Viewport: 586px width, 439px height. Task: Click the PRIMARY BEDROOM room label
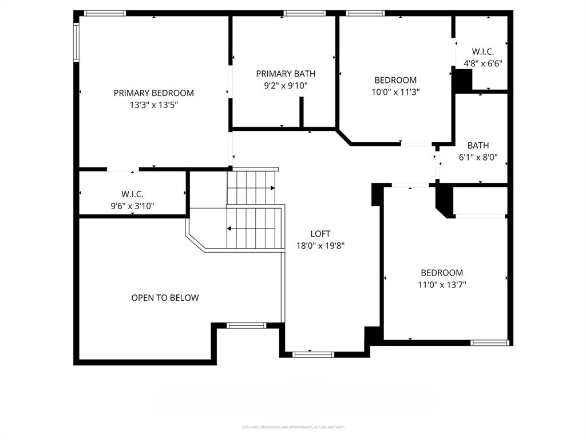coord(153,93)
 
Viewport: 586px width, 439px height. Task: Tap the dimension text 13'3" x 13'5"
coord(153,105)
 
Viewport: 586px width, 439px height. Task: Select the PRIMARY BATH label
coord(286,73)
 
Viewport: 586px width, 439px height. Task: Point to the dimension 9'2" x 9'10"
coord(286,86)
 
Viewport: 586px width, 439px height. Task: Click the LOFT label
coord(320,233)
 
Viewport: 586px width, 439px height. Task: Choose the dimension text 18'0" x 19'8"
coord(320,246)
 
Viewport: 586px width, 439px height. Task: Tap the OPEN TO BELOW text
coord(165,298)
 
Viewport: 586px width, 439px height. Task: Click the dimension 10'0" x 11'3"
coord(395,93)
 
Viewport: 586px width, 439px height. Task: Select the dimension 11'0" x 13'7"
coord(442,285)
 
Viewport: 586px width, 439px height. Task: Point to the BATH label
coord(478,145)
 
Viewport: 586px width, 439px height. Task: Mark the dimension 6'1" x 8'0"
coord(478,158)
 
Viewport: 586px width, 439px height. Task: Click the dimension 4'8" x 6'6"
coord(483,64)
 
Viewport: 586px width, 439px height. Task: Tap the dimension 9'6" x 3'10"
coord(132,206)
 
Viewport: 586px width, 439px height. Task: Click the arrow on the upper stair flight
coord(272,187)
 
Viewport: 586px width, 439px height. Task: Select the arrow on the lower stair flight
coord(229,229)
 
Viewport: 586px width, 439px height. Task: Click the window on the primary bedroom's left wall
coord(76,42)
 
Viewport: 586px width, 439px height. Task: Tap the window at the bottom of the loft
coord(313,354)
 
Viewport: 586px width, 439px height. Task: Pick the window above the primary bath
coord(304,13)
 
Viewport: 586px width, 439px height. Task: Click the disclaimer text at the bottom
coord(292,427)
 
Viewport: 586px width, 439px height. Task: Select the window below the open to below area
coord(246,325)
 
